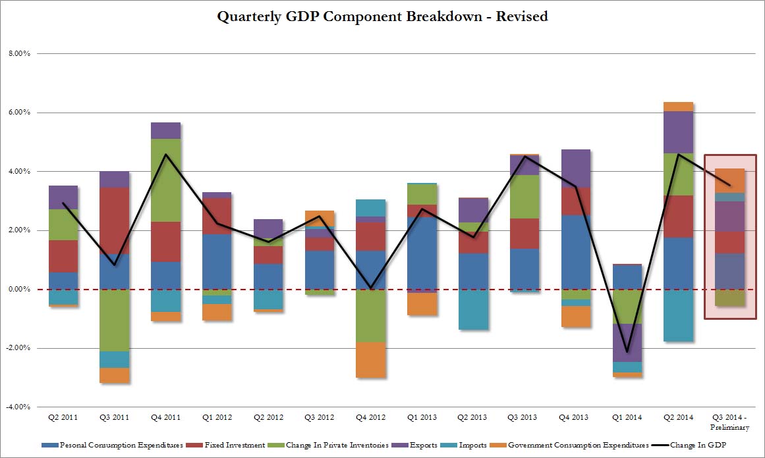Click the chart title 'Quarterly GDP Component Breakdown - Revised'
pos(382,17)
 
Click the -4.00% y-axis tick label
pos(17,407)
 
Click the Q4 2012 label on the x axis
pos(370,417)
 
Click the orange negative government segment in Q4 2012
pos(370,359)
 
